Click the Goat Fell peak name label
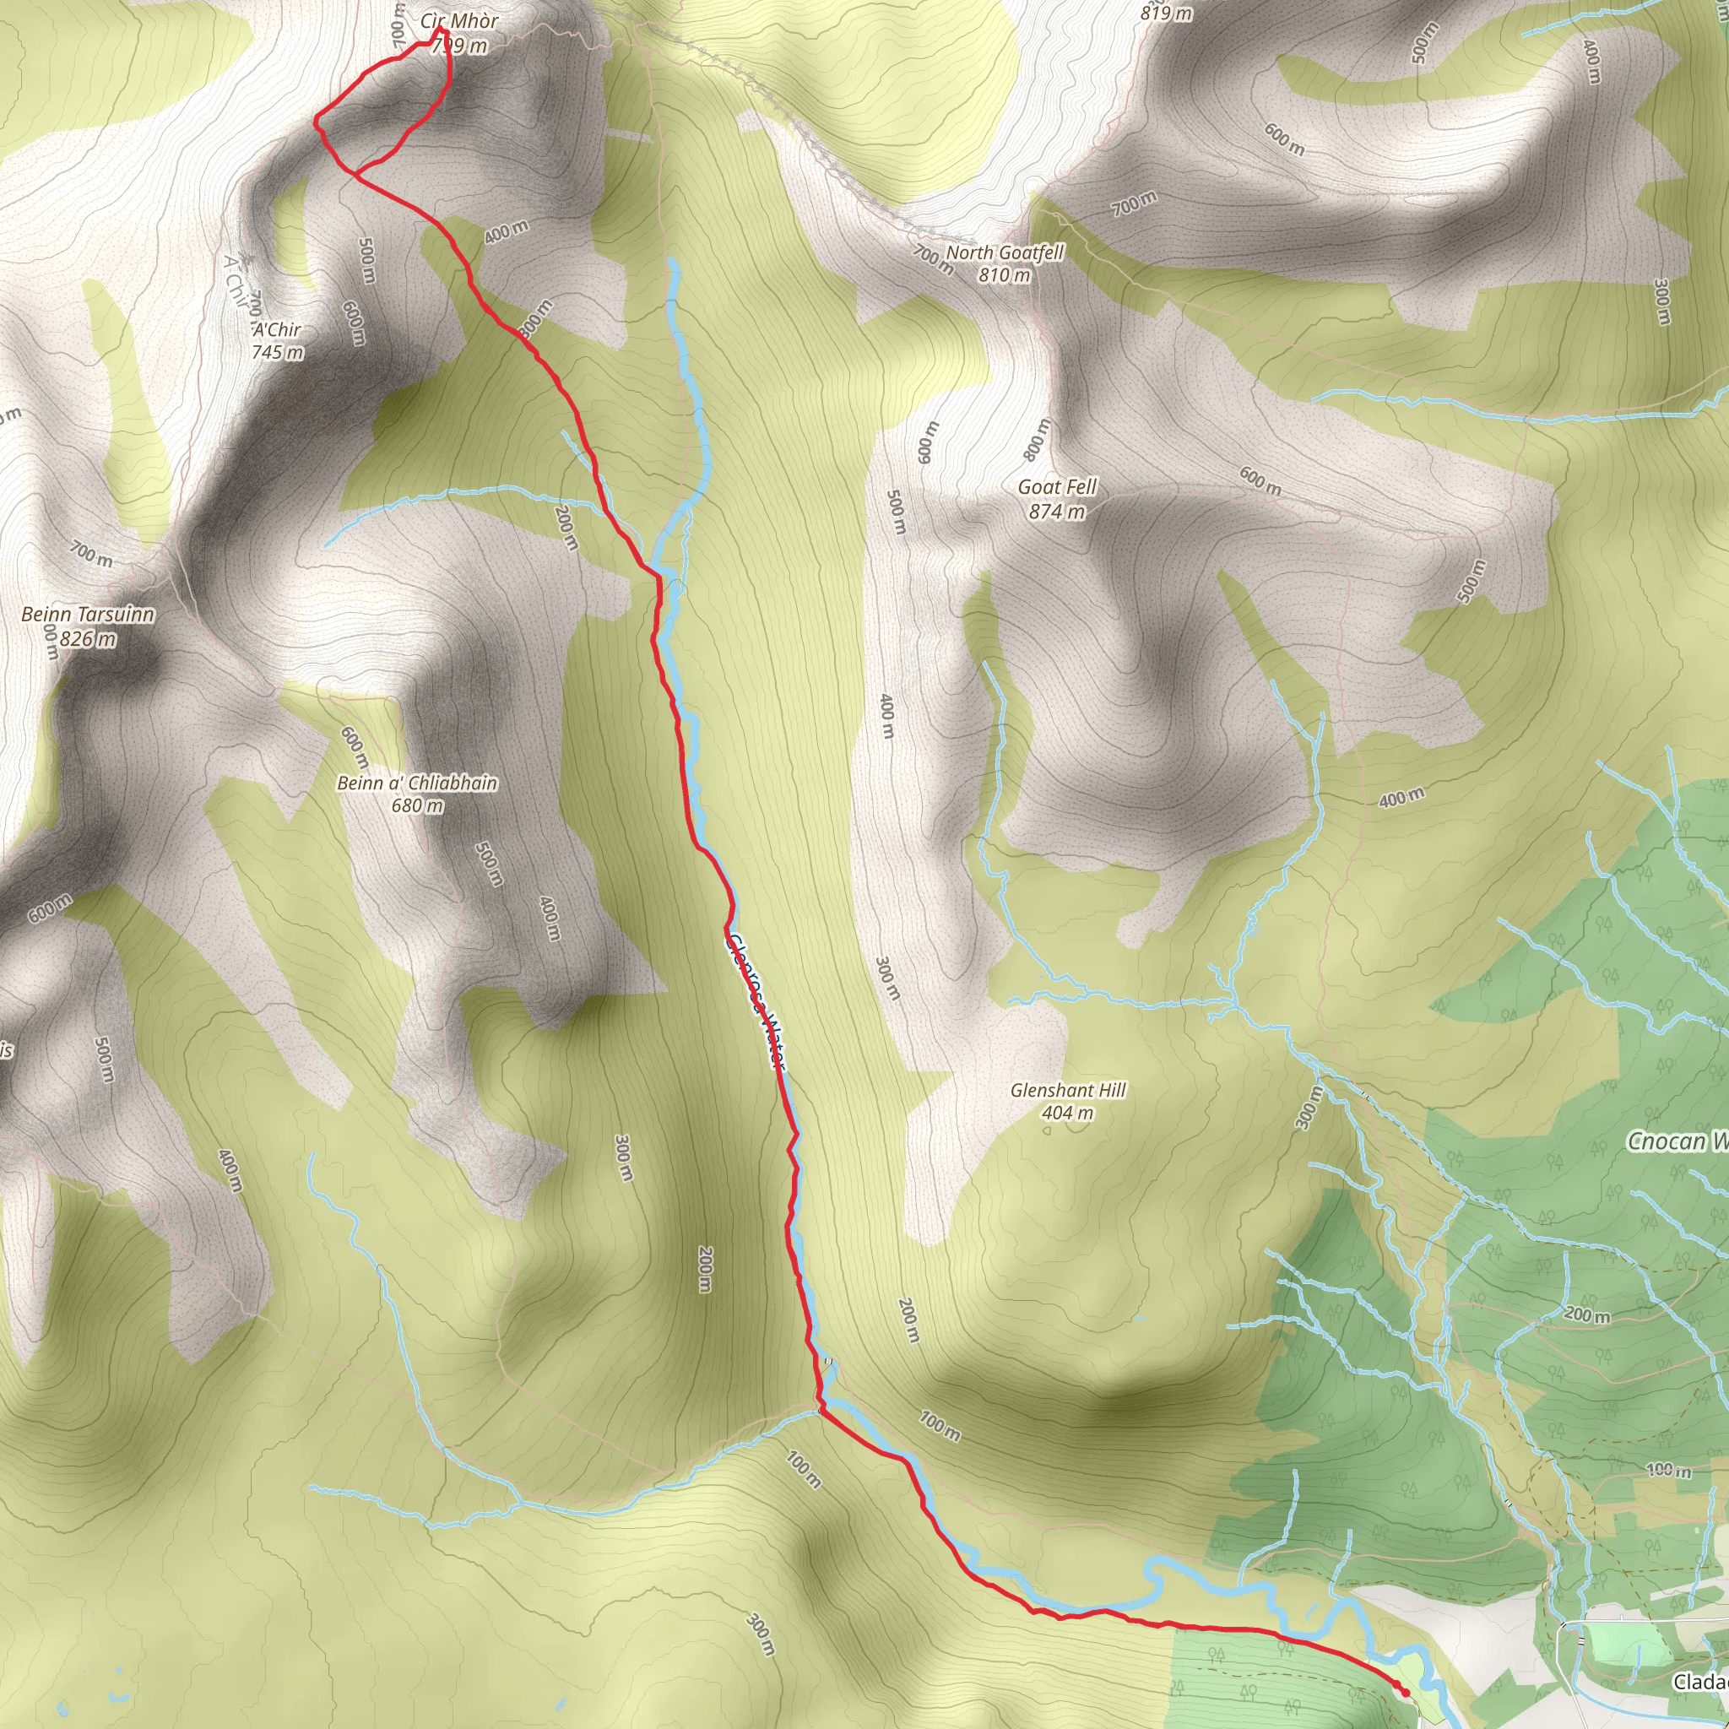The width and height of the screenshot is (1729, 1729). point(1057,487)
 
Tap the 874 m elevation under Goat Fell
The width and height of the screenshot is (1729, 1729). point(1057,512)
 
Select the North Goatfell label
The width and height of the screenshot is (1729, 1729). point(1005,252)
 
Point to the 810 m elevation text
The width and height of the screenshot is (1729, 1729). point(1004,275)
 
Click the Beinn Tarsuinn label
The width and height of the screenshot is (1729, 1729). point(88,614)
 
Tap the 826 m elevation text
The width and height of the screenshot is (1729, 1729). point(88,639)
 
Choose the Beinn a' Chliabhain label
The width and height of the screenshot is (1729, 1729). point(417,783)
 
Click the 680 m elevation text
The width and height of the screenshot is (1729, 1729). point(417,805)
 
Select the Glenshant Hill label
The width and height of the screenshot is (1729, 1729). point(1068,1090)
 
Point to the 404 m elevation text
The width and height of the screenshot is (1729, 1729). point(1068,1114)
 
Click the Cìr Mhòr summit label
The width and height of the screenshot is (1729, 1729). point(459,20)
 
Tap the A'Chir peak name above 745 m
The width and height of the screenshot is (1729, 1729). point(277,329)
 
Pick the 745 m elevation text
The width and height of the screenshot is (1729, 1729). point(277,352)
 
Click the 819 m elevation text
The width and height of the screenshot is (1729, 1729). point(1166,13)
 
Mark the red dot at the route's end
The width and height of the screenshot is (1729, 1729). point(1405,1667)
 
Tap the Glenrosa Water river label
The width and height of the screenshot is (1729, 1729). point(756,1002)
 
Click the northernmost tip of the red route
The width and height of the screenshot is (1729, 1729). point(439,30)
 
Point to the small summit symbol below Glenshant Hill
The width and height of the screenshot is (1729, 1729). point(1047,1130)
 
